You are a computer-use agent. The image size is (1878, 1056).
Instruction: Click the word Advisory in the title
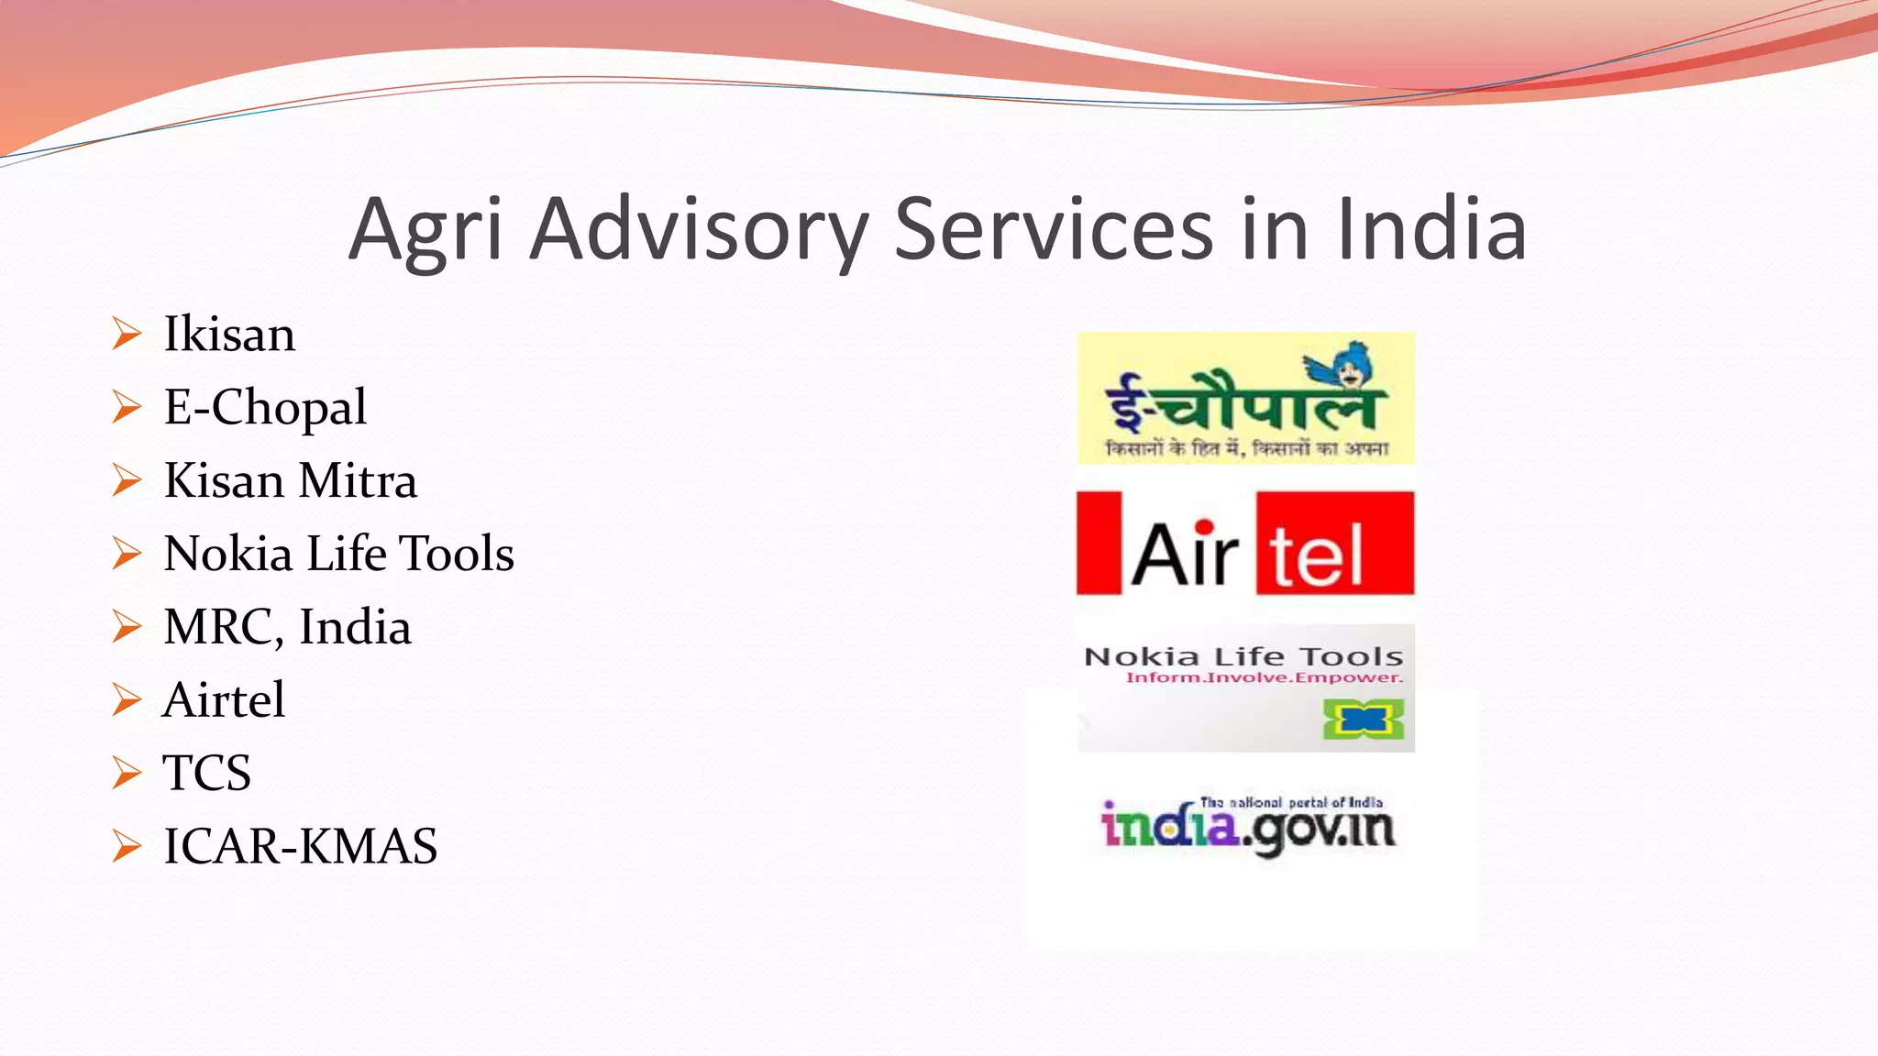click(x=699, y=230)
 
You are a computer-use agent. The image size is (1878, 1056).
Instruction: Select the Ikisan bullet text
click(x=229, y=334)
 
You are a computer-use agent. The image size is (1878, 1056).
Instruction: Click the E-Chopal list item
click(x=265, y=407)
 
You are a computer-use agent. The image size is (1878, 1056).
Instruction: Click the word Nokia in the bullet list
click(x=227, y=554)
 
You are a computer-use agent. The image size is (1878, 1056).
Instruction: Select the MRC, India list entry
click(x=287, y=627)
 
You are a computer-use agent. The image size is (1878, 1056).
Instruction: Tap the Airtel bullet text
click(x=224, y=700)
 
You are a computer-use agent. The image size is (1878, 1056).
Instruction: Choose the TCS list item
click(x=207, y=773)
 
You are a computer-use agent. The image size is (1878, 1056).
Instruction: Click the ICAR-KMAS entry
click(x=300, y=846)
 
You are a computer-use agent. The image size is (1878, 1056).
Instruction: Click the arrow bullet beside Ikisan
click(x=127, y=334)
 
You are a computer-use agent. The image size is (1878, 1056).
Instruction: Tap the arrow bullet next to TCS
click(x=127, y=773)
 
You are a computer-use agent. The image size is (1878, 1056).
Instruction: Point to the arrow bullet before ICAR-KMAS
click(x=127, y=846)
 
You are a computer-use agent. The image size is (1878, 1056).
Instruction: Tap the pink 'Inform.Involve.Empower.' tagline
click(x=1265, y=678)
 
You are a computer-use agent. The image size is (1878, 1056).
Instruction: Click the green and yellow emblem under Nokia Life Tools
click(x=1363, y=720)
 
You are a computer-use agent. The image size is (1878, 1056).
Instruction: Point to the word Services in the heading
click(x=1054, y=230)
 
